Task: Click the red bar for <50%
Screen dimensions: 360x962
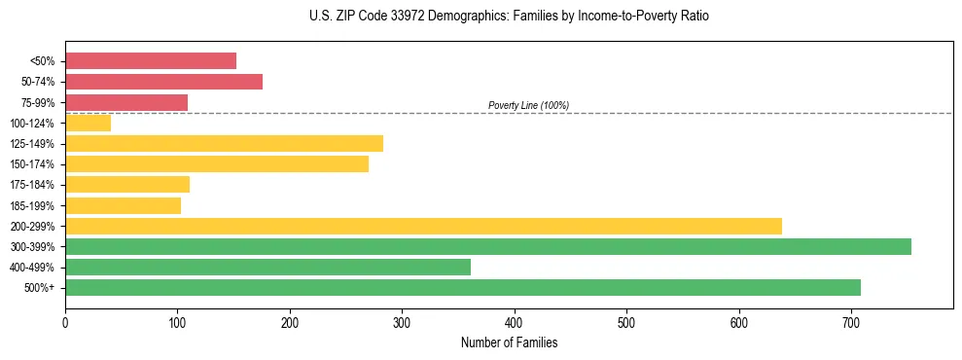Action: tap(151, 60)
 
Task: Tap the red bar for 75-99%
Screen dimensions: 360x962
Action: tap(126, 102)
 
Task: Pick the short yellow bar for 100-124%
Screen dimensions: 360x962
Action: tap(88, 123)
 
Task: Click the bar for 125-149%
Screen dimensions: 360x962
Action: tap(224, 144)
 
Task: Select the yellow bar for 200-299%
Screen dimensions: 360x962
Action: tap(423, 226)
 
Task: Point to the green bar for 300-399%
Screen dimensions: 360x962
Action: tap(487, 247)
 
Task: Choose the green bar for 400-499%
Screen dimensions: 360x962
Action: tap(267, 267)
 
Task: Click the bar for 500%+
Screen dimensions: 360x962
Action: tap(462, 287)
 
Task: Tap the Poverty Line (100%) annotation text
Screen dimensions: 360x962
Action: tap(528, 105)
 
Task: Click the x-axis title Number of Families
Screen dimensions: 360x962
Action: tap(509, 342)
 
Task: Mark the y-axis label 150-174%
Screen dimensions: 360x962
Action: tap(32, 164)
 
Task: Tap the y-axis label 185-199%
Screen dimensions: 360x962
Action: tap(32, 205)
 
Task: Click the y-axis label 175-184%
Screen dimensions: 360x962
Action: tap(32, 185)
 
